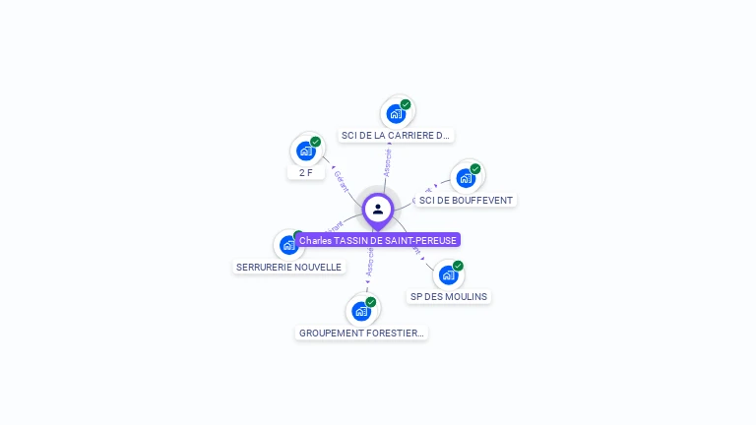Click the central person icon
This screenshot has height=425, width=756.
tap(378, 209)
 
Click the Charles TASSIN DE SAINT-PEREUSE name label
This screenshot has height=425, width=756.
tap(378, 240)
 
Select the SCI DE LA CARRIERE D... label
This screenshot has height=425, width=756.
tap(396, 135)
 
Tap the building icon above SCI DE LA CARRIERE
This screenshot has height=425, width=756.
tap(396, 113)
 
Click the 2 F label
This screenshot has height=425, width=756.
tap(306, 172)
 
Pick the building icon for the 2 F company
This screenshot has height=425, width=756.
tap(306, 151)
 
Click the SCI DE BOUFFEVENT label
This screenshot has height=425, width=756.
tap(466, 200)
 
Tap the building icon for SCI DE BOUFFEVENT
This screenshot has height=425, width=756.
tap(466, 178)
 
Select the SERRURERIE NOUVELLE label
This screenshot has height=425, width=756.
tap(289, 267)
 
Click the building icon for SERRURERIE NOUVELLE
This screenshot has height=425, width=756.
tap(287, 244)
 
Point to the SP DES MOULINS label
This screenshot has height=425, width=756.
tap(449, 296)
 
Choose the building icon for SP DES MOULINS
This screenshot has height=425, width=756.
tap(449, 274)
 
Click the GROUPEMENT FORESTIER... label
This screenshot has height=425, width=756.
tap(361, 333)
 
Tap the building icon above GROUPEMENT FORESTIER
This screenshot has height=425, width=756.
tap(361, 311)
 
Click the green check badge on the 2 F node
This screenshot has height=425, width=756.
tap(316, 142)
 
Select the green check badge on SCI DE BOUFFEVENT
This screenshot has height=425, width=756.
tap(475, 169)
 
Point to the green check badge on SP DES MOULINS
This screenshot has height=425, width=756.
tap(459, 266)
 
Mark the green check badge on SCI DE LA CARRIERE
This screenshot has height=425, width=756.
tap(406, 104)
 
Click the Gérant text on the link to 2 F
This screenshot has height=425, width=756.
tap(341, 179)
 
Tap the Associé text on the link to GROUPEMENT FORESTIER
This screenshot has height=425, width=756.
tap(369, 261)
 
